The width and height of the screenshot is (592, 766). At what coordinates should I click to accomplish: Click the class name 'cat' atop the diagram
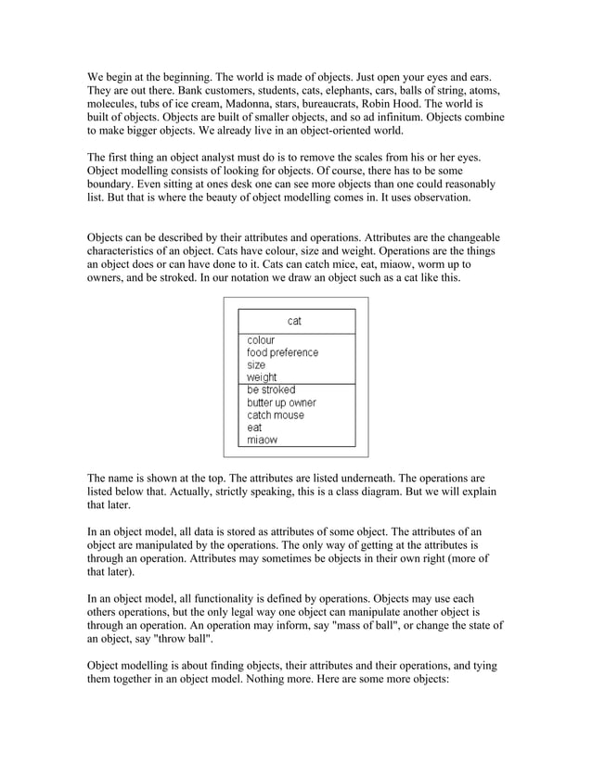(294, 321)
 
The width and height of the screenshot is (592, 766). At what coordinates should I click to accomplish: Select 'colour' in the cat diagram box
(261, 340)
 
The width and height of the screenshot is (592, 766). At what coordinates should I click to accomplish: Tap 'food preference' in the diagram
(282, 353)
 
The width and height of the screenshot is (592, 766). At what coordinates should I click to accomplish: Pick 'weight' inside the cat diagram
(262, 378)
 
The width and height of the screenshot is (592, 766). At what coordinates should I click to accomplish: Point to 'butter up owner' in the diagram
(281, 403)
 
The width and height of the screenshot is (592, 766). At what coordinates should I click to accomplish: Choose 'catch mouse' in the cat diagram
(276, 415)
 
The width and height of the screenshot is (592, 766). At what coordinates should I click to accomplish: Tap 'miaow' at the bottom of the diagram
(262, 440)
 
